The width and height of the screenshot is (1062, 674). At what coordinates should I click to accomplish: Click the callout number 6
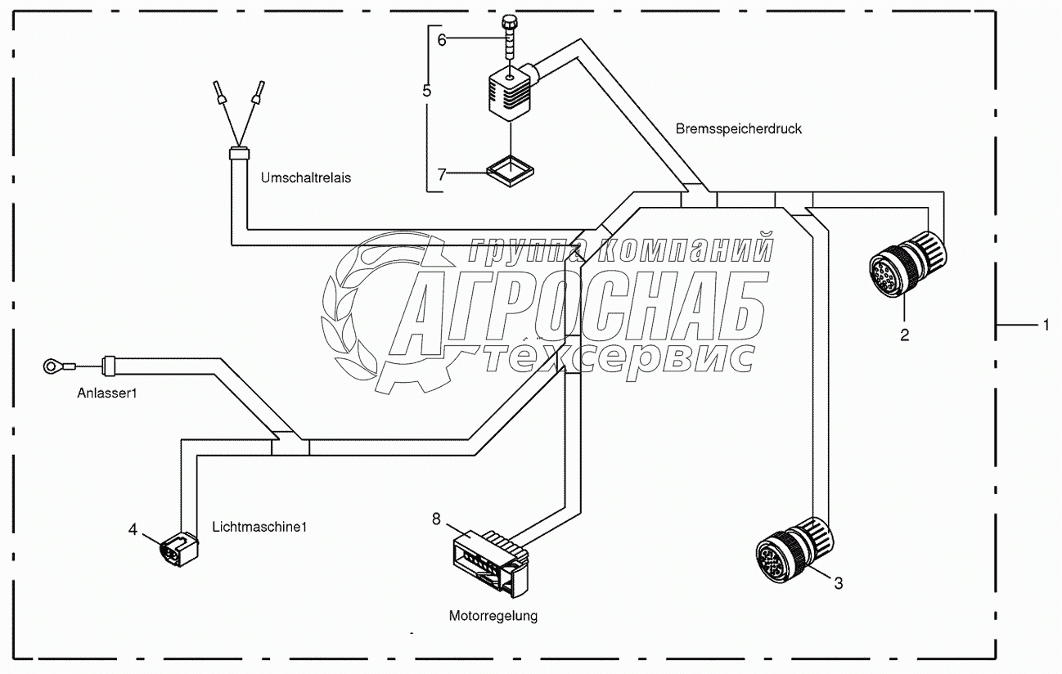442,39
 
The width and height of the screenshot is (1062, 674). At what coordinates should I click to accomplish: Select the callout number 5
427,90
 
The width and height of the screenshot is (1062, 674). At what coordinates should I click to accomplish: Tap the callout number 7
442,173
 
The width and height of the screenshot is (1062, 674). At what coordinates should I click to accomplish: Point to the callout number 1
1045,326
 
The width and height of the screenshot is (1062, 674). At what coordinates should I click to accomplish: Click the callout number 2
904,334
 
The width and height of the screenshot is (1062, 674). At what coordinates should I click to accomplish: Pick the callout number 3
838,583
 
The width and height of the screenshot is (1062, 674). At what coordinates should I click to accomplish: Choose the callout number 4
133,528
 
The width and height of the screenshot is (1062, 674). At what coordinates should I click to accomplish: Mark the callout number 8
436,518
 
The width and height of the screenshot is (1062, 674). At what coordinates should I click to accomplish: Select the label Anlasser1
107,393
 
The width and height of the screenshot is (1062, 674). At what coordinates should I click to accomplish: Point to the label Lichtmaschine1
259,527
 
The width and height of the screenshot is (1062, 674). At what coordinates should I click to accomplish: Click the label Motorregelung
493,616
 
